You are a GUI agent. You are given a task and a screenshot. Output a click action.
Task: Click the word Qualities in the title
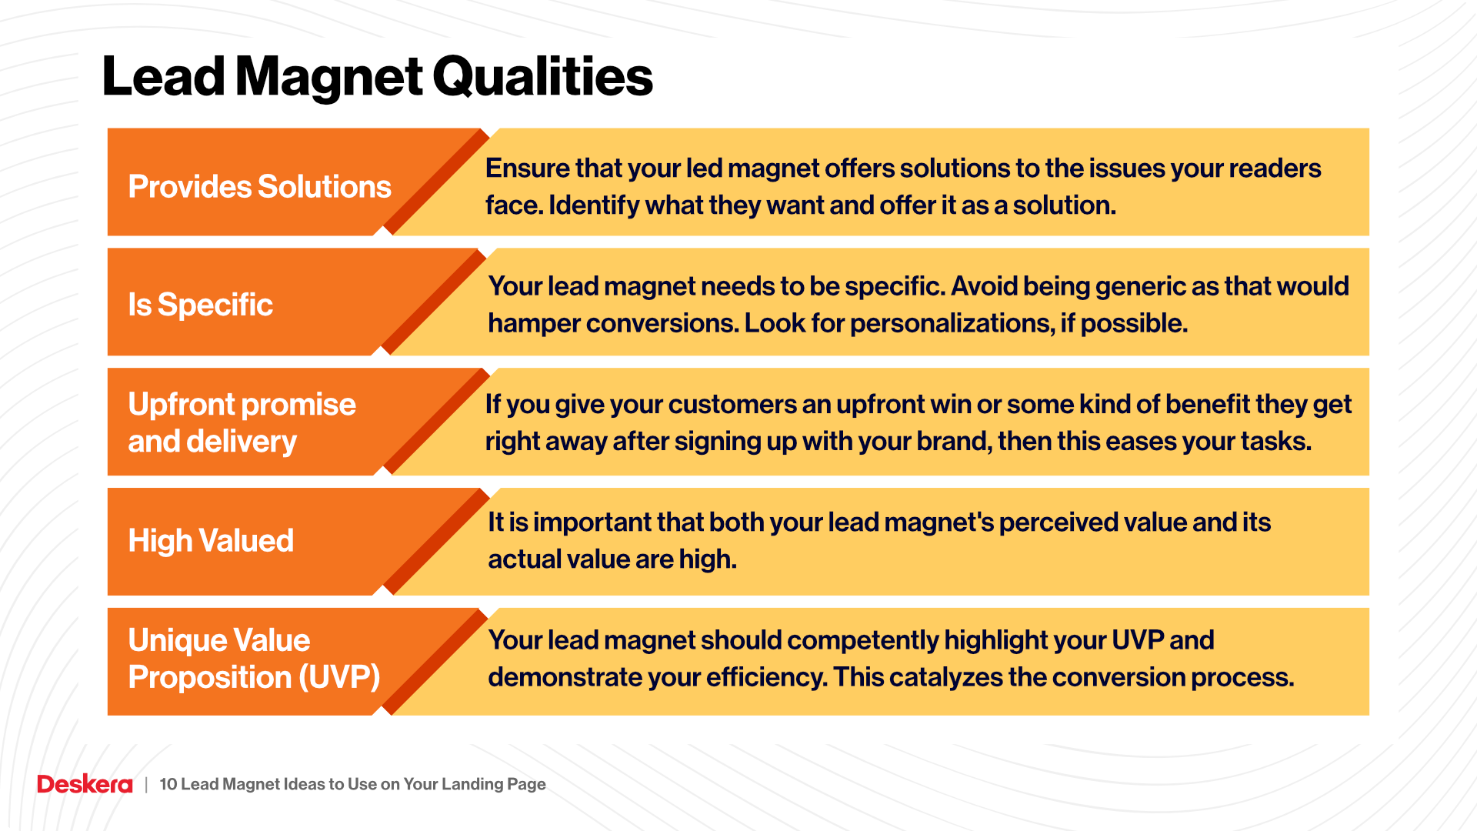pyautogui.click(x=542, y=77)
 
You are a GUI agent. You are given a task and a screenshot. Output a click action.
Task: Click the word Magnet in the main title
pyautogui.click(x=328, y=77)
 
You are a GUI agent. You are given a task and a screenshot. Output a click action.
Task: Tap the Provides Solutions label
pyautogui.click(x=259, y=187)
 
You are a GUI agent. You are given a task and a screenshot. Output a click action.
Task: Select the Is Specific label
pyautogui.click(x=200, y=305)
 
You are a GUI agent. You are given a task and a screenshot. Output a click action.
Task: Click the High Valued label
pyautogui.click(x=211, y=541)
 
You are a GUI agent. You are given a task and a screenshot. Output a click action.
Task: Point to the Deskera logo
pyautogui.click(x=85, y=784)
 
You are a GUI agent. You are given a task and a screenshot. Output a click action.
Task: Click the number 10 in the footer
pyautogui.click(x=168, y=784)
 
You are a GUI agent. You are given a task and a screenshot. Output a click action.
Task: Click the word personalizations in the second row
pyautogui.click(x=951, y=323)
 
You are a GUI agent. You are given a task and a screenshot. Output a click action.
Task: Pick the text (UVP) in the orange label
pyautogui.click(x=339, y=678)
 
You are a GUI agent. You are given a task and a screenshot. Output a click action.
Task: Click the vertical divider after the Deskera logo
pyautogui.click(x=146, y=785)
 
